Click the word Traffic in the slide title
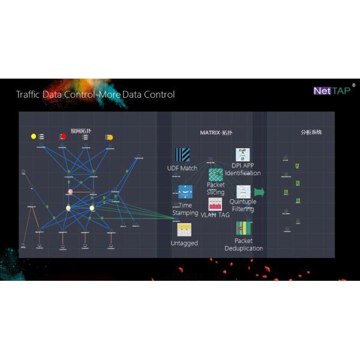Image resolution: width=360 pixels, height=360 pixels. [x=29, y=94]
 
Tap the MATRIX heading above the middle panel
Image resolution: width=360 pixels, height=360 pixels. [x=214, y=132]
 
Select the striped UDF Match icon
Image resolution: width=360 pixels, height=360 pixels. [x=182, y=155]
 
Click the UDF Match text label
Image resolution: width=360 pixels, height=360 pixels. [x=182, y=169]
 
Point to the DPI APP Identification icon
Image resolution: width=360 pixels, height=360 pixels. [x=242, y=155]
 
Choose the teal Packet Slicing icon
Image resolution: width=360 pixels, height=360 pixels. [x=216, y=175]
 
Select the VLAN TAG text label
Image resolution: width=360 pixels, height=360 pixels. [x=215, y=215]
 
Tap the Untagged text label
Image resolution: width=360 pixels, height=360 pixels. [x=184, y=243]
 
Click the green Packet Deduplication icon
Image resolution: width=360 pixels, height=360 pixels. [x=244, y=229]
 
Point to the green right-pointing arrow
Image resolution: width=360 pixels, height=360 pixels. [x=260, y=192]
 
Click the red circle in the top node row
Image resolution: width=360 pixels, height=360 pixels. [x=63, y=136]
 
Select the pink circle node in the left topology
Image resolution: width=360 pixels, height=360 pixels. [x=70, y=192]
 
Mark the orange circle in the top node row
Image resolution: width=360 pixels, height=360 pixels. [x=110, y=137]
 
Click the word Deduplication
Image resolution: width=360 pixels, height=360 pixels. [x=244, y=248]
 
